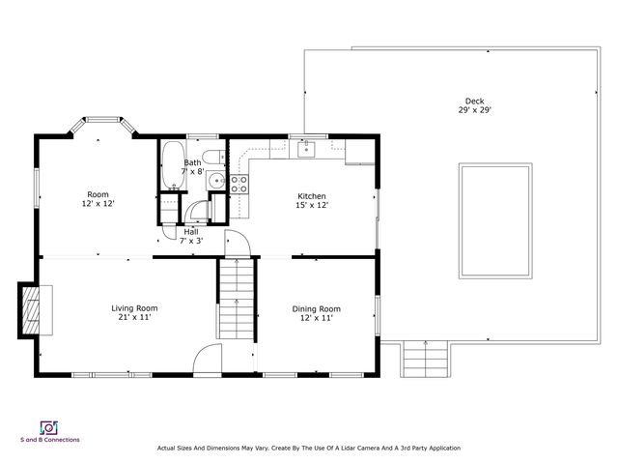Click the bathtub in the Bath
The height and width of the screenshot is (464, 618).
174,165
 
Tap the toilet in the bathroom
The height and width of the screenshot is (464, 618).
213,157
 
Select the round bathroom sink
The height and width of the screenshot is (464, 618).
216,181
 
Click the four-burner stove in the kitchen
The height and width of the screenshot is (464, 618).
239,185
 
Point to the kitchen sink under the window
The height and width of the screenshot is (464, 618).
306,150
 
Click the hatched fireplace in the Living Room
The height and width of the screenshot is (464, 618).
31,310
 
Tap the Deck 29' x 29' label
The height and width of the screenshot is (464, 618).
474,105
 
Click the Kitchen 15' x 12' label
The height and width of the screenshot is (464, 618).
312,200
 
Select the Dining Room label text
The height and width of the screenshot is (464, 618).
316,309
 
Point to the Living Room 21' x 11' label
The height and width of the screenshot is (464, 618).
134,312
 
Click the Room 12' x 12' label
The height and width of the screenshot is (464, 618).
98,199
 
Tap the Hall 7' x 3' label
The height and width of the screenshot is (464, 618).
191,236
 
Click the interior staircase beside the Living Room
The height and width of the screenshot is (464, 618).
237,299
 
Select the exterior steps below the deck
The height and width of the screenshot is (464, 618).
425,359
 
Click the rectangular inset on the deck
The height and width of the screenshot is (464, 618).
495,221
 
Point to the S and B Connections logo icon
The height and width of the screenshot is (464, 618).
49,427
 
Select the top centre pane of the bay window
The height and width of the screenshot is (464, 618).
102,119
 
